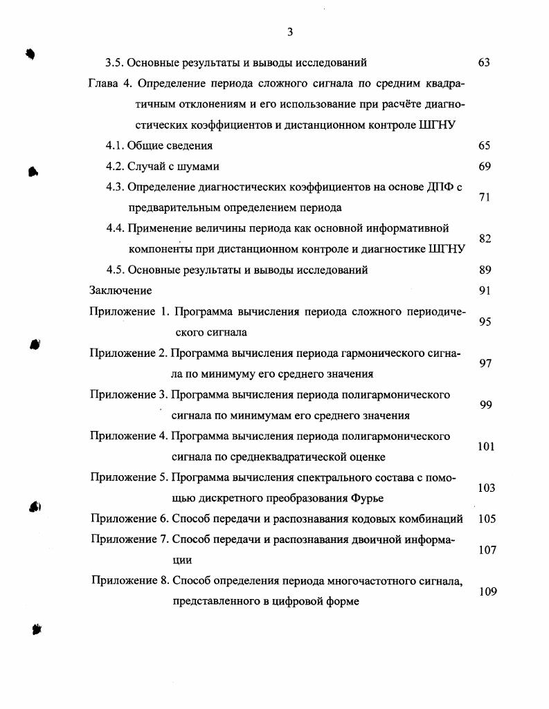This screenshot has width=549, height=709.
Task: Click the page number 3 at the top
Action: [x=290, y=32]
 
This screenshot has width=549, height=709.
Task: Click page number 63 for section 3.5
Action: [x=484, y=63]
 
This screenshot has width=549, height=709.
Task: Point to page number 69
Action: [x=484, y=167]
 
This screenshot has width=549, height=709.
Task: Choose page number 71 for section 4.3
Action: [x=484, y=197]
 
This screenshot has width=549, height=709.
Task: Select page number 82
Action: [x=484, y=239]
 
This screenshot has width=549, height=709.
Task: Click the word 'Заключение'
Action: [x=120, y=291]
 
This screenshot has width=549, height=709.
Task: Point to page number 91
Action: [x=484, y=291]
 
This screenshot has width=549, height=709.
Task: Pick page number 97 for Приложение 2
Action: [x=485, y=363]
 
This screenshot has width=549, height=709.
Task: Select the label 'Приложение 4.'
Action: [x=129, y=436]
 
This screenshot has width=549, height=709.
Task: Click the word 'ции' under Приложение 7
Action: [x=182, y=560]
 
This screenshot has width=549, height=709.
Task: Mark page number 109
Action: [x=487, y=591]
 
